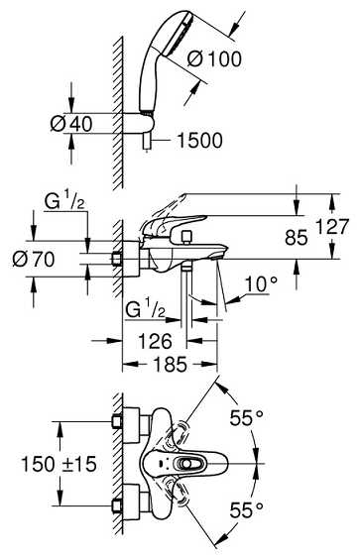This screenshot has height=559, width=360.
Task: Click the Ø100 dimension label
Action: point(214,58)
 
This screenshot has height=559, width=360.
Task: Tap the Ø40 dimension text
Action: point(71,124)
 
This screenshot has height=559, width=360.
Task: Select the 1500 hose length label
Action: point(199,140)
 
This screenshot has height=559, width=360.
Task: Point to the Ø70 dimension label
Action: point(34,259)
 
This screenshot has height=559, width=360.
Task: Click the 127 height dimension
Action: point(332,226)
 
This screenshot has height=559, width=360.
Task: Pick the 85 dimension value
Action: point(297,237)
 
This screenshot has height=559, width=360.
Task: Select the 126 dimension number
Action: point(155,341)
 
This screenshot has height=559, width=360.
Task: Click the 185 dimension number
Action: point(171,365)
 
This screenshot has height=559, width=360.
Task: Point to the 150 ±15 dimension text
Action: point(59,464)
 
